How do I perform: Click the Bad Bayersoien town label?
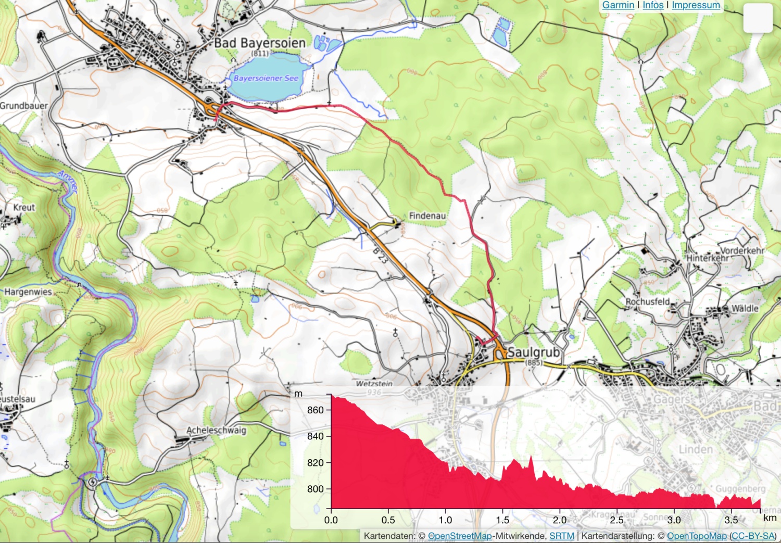click(x=260, y=43)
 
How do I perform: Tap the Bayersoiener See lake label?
click(x=266, y=78)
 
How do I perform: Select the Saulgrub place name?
click(x=533, y=352)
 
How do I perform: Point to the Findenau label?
click(x=427, y=216)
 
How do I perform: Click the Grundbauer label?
click(x=23, y=106)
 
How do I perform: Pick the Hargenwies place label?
click(x=28, y=292)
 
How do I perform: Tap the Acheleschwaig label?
click(x=216, y=430)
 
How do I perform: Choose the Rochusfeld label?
click(x=647, y=301)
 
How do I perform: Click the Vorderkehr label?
click(x=742, y=250)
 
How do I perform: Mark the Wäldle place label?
click(x=745, y=308)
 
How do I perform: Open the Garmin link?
click(x=618, y=5)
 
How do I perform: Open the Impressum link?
click(x=696, y=5)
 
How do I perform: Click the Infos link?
click(x=653, y=5)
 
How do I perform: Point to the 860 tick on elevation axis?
click(x=316, y=410)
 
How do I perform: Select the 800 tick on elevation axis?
click(x=316, y=489)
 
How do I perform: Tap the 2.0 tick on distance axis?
click(x=560, y=520)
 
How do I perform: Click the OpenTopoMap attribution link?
click(x=697, y=536)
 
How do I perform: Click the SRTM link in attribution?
click(x=562, y=536)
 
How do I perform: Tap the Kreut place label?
click(x=24, y=207)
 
